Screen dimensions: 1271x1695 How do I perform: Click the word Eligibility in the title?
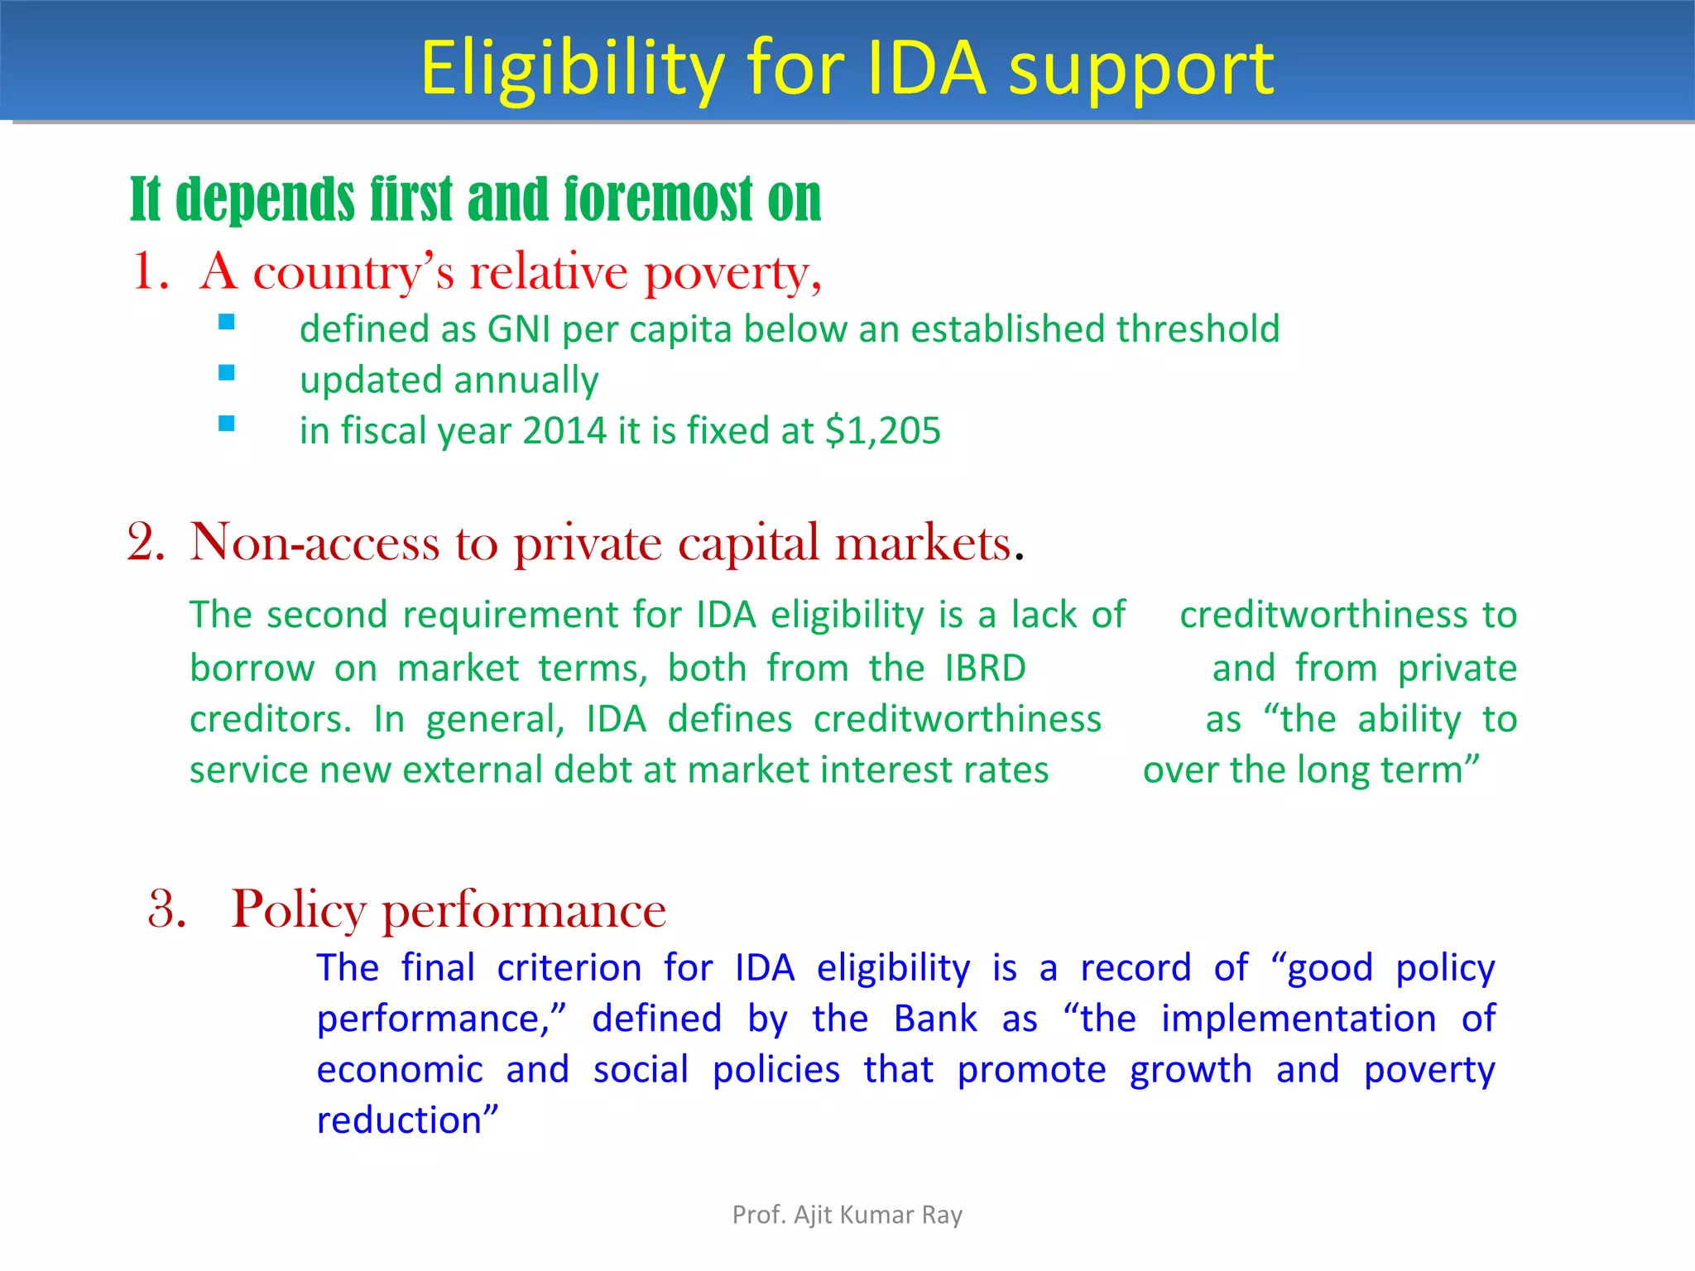[573, 70]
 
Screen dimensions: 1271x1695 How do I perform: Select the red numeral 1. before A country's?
[151, 271]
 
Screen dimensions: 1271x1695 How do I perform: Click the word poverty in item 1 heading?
[732, 273]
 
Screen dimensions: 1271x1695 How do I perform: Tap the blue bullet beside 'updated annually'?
[227, 373]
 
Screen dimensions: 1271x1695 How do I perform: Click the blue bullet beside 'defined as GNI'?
[227, 322]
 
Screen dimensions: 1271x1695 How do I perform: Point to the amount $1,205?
[883, 431]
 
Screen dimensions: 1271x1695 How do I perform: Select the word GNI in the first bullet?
[519, 329]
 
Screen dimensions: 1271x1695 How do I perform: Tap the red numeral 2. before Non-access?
[146, 544]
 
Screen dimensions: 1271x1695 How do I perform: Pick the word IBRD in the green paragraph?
[986, 668]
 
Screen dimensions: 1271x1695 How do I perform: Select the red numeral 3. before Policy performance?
[167, 909]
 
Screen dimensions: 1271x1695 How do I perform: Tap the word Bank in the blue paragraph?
[935, 1019]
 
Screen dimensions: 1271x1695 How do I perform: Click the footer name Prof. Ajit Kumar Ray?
[847, 1215]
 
